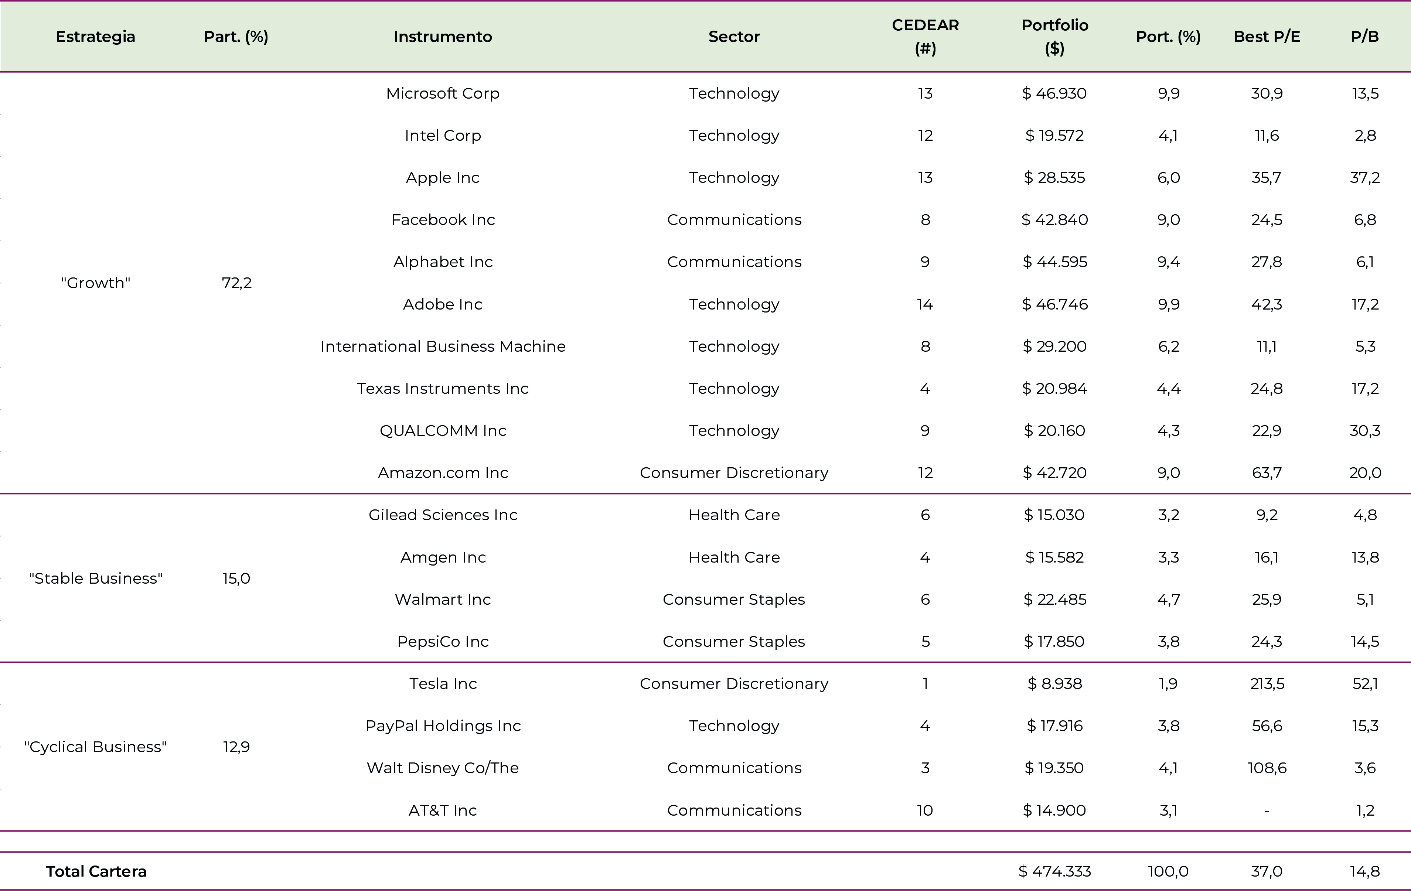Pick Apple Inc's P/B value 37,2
click(1365, 177)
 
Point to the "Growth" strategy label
click(96, 283)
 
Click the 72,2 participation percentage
click(237, 283)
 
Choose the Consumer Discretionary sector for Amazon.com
click(734, 473)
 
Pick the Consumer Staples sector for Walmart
click(734, 599)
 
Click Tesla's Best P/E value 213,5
click(1267, 684)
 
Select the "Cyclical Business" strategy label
click(96, 747)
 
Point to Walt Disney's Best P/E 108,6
click(1267, 768)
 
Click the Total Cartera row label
click(96, 872)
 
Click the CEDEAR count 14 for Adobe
click(925, 304)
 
